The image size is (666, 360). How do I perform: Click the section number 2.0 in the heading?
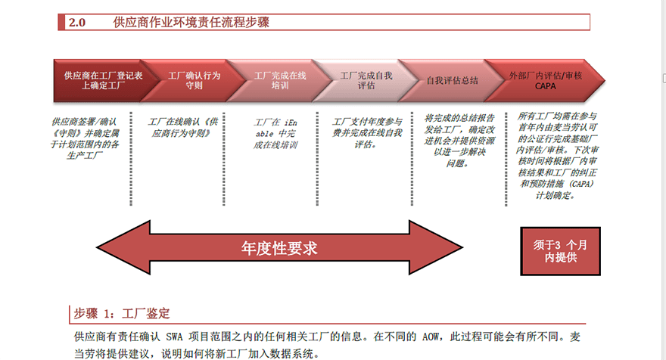(x=77, y=23)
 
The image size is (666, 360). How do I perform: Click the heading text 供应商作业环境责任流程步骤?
(x=191, y=23)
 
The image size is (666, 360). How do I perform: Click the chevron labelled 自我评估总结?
(x=452, y=81)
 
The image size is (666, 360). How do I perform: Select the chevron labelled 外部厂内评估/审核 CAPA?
(x=546, y=81)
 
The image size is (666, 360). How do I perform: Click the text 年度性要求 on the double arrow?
(x=279, y=247)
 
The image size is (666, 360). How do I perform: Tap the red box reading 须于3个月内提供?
(x=561, y=250)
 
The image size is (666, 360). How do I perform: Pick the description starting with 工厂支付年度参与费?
(x=367, y=132)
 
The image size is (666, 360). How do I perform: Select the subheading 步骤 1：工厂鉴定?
(x=122, y=313)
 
